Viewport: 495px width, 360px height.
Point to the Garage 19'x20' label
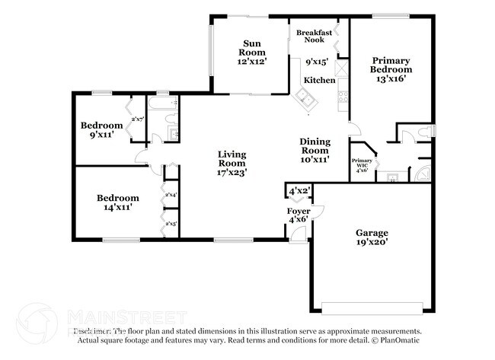click(372, 237)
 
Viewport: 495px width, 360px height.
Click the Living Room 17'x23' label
click(232, 163)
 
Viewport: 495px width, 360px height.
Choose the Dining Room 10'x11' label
click(314, 150)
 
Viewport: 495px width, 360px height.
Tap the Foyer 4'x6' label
click(298, 215)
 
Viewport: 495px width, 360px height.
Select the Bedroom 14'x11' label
click(117, 202)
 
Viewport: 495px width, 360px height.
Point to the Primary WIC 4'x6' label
click(362, 165)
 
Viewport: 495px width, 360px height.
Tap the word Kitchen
click(319, 80)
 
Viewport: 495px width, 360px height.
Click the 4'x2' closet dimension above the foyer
click(299, 190)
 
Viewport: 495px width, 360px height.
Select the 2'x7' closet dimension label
click(138, 119)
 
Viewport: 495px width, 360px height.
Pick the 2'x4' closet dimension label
click(171, 196)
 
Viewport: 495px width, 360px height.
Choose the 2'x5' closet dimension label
click(171, 224)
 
